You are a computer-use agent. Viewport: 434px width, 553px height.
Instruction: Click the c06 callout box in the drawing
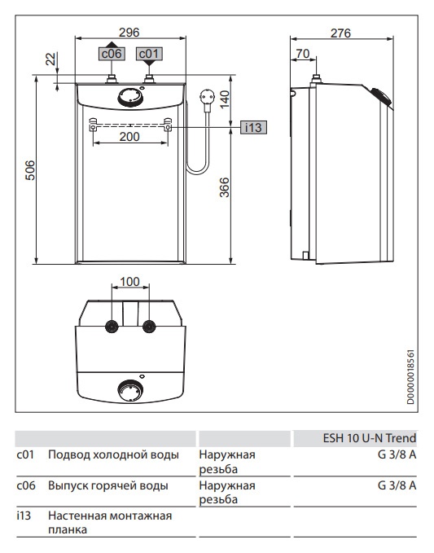(x=112, y=54)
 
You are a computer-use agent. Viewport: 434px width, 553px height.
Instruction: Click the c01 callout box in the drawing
(x=149, y=54)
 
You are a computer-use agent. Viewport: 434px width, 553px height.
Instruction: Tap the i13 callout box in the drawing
(x=253, y=127)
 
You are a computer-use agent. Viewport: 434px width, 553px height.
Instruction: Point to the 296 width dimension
(x=129, y=32)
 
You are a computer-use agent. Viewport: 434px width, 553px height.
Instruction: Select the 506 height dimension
(x=30, y=170)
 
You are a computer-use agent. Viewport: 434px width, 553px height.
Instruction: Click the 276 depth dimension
(x=340, y=33)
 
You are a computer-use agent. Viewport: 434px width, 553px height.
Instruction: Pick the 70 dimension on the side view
(x=302, y=54)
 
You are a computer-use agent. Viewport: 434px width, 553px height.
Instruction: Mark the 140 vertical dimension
(x=224, y=99)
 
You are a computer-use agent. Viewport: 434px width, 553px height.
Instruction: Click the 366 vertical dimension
(x=224, y=187)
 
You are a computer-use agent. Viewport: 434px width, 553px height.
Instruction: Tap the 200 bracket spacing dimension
(x=129, y=137)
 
